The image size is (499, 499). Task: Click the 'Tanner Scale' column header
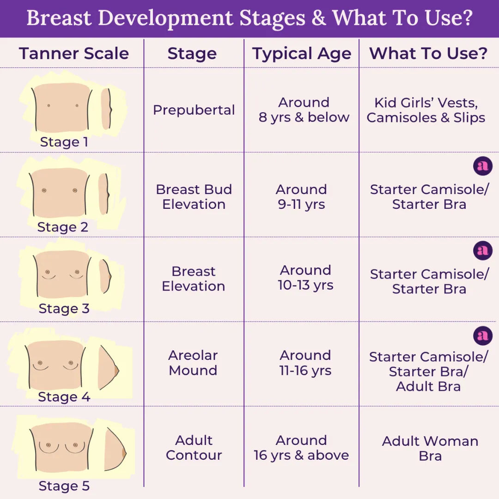74,54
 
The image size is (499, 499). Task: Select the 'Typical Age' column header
302,54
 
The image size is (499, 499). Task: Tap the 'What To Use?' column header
428,54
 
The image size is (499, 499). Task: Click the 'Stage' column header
192,54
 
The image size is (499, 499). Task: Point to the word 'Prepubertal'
194,110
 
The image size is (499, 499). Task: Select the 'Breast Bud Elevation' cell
194,197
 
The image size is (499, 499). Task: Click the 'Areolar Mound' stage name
193,363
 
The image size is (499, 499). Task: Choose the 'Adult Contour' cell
194,448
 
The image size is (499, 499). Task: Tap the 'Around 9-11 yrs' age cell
301,197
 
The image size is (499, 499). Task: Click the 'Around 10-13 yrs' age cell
305,278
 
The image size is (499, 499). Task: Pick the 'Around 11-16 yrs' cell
305,363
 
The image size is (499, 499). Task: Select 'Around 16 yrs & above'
301,448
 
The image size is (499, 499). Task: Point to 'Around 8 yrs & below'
304,110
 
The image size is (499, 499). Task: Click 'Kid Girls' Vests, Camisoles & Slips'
426,110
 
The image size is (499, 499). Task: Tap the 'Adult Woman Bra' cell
430,448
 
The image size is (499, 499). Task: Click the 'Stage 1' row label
64,142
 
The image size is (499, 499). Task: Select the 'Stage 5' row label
64,486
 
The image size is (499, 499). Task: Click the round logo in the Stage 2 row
483,166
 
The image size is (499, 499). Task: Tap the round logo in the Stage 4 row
483,335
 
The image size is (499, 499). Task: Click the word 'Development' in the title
166,18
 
